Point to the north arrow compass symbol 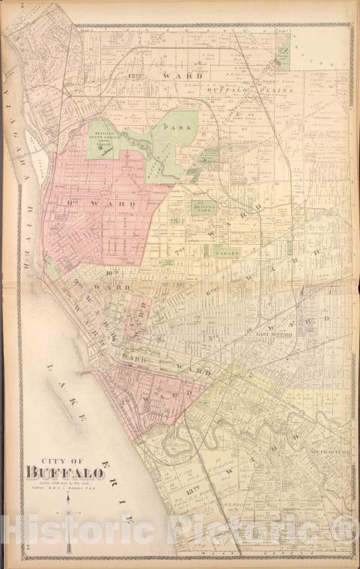tap(69, 517)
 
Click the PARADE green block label tap(228, 253)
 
